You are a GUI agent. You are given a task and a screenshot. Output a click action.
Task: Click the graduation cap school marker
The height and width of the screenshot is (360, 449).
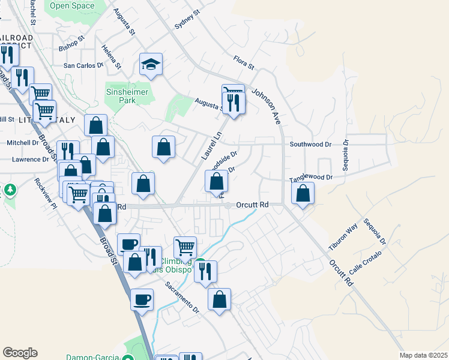coord(151,64)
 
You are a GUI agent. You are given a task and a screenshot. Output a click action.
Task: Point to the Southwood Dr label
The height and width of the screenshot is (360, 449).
coord(310,145)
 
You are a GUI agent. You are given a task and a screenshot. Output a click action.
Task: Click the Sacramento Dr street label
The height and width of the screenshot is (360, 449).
coord(182,298)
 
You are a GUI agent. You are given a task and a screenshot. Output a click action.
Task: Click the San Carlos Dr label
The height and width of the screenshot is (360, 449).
coord(83,65)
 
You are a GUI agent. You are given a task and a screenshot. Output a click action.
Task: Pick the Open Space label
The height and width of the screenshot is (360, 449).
coord(72,6)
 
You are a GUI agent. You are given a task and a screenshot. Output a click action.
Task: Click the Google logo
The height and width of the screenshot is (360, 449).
coord(20,353)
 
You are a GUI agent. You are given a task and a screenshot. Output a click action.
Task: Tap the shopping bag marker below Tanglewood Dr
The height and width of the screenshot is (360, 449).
coord(303,193)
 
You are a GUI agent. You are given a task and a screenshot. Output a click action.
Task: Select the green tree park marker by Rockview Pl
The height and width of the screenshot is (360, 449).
coord(10,190)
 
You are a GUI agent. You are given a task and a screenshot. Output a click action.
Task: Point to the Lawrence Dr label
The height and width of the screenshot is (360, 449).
coord(30,160)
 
